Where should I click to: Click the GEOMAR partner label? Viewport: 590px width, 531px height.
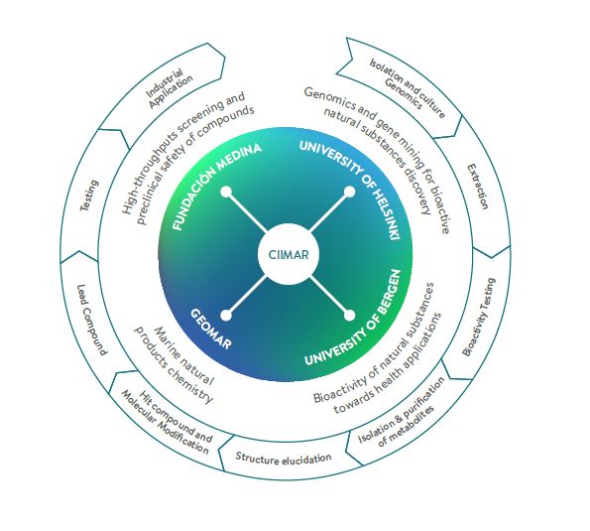210,329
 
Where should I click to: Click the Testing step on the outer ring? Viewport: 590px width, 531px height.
89,196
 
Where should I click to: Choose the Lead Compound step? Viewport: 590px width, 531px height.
91,321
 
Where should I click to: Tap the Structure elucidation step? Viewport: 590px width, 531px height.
284,458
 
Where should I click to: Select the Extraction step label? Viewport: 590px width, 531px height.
478,186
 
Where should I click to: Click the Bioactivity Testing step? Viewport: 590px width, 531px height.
479,317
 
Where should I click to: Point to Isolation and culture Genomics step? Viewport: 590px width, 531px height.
406,89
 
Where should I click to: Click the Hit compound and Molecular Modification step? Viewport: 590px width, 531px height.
166,422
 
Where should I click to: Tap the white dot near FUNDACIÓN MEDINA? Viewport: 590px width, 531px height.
226,193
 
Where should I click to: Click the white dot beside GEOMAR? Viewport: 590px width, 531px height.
226,316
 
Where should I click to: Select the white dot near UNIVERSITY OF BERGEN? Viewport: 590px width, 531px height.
350,316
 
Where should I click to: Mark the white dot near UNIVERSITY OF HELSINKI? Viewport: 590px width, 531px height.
350,193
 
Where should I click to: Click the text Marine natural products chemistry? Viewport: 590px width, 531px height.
174,364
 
